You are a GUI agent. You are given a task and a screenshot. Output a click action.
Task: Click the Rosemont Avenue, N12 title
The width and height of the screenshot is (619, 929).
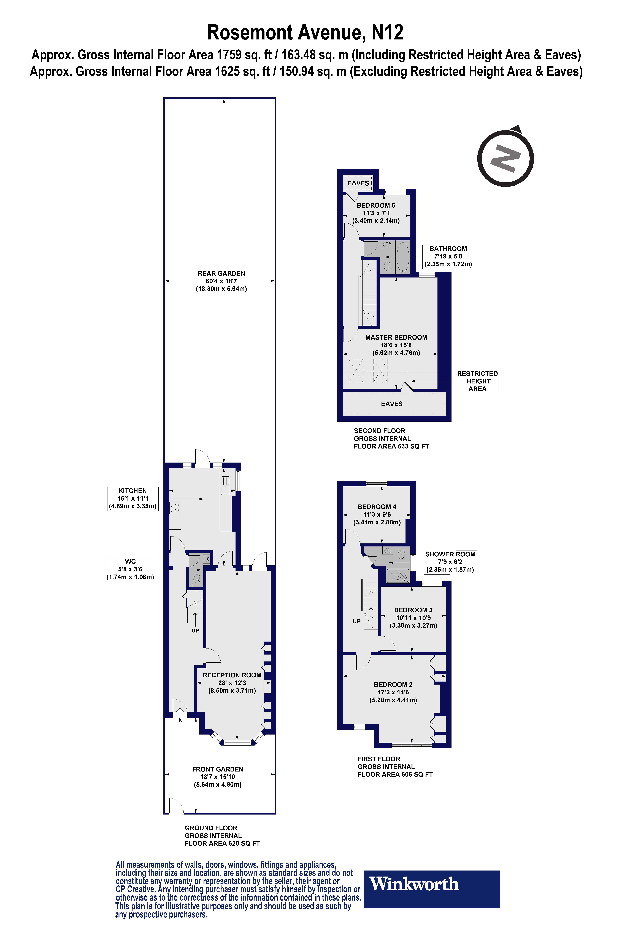(305, 32)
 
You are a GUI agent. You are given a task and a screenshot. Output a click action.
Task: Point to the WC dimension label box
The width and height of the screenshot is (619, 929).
(130, 569)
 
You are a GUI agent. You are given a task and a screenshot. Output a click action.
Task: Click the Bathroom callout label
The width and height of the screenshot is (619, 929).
(448, 256)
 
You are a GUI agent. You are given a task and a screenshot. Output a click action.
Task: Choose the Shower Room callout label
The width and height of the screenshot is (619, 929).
(450, 562)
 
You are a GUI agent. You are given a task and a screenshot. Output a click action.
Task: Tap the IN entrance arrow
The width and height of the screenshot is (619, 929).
(180, 713)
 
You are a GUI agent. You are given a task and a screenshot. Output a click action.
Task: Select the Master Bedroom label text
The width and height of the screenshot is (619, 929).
(396, 337)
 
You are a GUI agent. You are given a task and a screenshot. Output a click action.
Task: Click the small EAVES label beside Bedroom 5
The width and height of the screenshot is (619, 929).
(358, 183)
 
